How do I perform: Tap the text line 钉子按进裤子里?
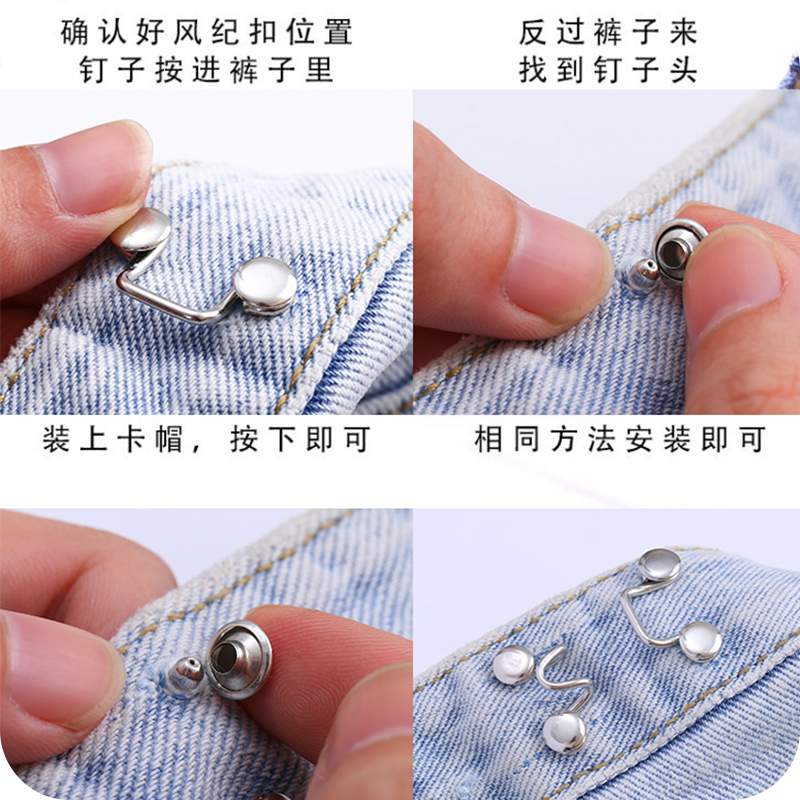pyautogui.click(x=206, y=71)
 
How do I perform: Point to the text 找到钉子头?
pyautogui.click(x=607, y=71)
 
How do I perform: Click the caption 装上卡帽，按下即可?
pyautogui.click(x=206, y=439)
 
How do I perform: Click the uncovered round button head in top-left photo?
pyautogui.click(x=265, y=283)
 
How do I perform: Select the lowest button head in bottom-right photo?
pyautogui.click(x=565, y=733)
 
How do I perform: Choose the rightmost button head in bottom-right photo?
pyautogui.click(x=700, y=640)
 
